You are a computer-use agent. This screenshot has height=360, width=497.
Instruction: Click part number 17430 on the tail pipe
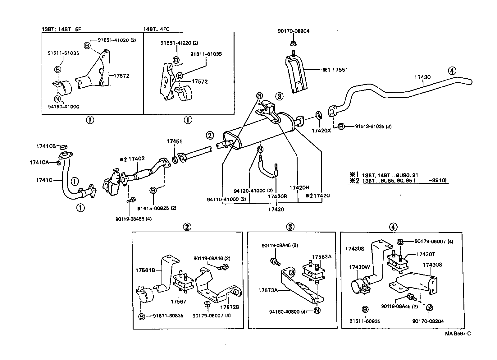(422, 77)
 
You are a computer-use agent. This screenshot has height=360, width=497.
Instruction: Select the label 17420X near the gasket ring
(321, 131)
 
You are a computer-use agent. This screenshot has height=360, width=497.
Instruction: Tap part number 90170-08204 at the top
(294, 31)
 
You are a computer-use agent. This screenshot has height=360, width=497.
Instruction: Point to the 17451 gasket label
(174, 141)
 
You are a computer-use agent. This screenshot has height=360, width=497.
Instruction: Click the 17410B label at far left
(46, 146)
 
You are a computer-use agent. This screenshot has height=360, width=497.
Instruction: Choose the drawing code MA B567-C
(458, 334)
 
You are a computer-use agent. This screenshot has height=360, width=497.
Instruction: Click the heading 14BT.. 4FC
(156, 29)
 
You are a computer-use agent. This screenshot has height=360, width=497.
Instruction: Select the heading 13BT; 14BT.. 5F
(62, 29)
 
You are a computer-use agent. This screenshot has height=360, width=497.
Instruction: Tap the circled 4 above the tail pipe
(452, 71)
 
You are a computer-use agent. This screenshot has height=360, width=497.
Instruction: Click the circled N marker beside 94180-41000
(57, 99)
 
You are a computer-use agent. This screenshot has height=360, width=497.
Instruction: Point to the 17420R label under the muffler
(277, 196)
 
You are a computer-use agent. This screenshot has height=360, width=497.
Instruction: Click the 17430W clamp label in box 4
(358, 267)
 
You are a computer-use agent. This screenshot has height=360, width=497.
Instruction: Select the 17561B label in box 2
(145, 270)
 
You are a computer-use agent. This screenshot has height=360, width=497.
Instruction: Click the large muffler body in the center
(258, 132)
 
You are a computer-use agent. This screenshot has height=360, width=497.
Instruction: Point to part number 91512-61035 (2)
(369, 127)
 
